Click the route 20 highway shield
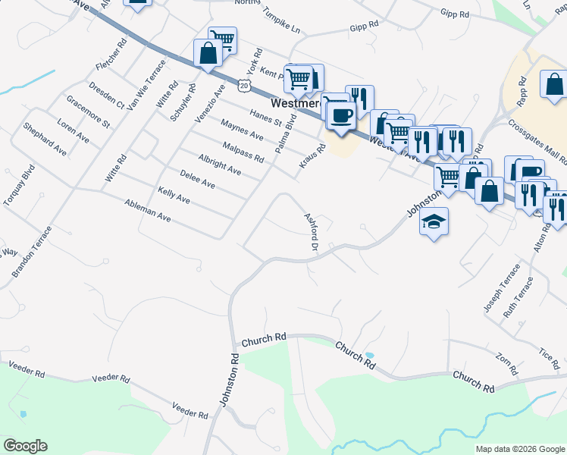click(243, 86)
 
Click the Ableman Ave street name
click(148, 210)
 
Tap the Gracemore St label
click(88, 111)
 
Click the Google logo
click(25, 446)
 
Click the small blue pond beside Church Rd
click(369, 355)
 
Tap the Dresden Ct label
click(105, 93)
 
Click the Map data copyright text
click(520, 449)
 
